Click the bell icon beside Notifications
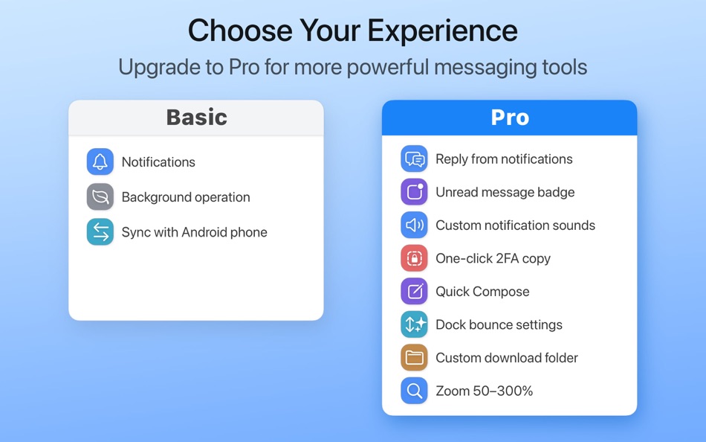click(x=100, y=162)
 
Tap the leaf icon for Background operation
click(x=100, y=197)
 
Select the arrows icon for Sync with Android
click(x=100, y=232)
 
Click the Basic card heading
click(x=196, y=118)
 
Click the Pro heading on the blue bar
click(x=510, y=118)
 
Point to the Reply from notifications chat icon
click(x=414, y=159)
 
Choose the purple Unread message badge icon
click(x=414, y=192)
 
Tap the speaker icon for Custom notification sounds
click(x=414, y=225)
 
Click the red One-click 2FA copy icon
click(x=414, y=258)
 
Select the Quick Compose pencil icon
click(x=414, y=292)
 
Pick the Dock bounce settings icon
click(x=414, y=324)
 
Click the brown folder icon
click(x=414, y=358)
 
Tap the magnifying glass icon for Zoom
click(x=414, y=391)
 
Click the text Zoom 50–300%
click(x=484, y=391)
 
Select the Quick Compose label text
click(x=482, y=292)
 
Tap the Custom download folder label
click(x=507, y=358)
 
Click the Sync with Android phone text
click(x=194, y=232)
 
